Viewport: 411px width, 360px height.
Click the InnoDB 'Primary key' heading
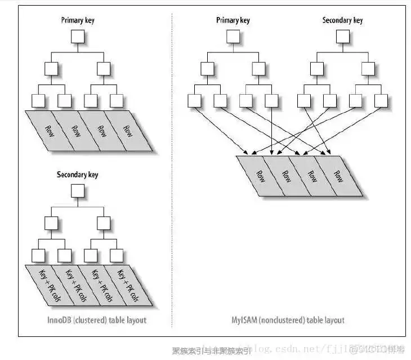pyautogui.click(x=77, y=20)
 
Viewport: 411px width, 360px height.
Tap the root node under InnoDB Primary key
pyautogui.click(x=77, y=37)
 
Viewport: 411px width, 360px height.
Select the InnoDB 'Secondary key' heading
pyautogui.click(x=77, y=175)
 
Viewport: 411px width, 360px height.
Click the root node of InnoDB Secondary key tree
pyautogui.click(x=77, y=192)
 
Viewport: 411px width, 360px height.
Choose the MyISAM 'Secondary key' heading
pyautogui.click(x=342, y=20)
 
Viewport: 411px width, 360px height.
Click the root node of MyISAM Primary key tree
pyautogui.click(x=233, y=37)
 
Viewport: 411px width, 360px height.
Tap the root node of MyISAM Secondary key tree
pyautogui.click(x=342, y=37)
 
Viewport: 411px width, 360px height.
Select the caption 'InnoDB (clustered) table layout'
pyautogui.click(x=96, y=320)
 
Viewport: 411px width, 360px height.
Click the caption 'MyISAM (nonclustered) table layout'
pyautogui.click(x=288, y=320)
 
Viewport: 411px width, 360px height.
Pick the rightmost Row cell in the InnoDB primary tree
pyautogui.click(x=127, y=131)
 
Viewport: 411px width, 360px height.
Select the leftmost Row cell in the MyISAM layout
pyautogui.click(x=260, y=175)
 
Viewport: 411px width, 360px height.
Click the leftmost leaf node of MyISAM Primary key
pyautogui.click(x=194, y=100)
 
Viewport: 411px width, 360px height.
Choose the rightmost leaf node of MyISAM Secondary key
pyautogui.click(x=381, y=100)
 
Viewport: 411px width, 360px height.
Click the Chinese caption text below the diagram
pyautogui.click(x=211, y=350)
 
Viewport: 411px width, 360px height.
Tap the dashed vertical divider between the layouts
pyautogui.click(x=172, y=169)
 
